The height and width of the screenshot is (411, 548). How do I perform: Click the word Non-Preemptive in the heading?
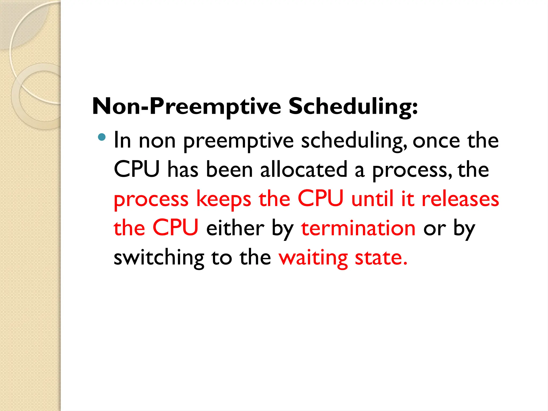[x=187, y=106]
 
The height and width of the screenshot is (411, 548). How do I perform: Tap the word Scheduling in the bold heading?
[x=353, y=106]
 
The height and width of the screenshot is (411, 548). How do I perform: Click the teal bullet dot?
[x=102, y=137]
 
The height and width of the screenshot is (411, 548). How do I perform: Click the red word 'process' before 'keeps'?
[x=151, y=200]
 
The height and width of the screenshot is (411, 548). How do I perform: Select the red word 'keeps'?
[x=224, y=200]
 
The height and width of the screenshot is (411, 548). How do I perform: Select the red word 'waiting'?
[x=313, y=258]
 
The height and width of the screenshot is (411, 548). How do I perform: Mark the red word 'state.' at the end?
[x=381, y=257]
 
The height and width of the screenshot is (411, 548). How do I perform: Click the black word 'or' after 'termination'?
[x=434, y=229]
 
